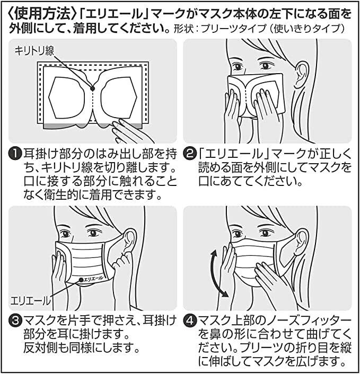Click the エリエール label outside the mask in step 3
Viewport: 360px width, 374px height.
click(31, 300)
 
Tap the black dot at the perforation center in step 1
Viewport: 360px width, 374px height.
click(92, 88)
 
